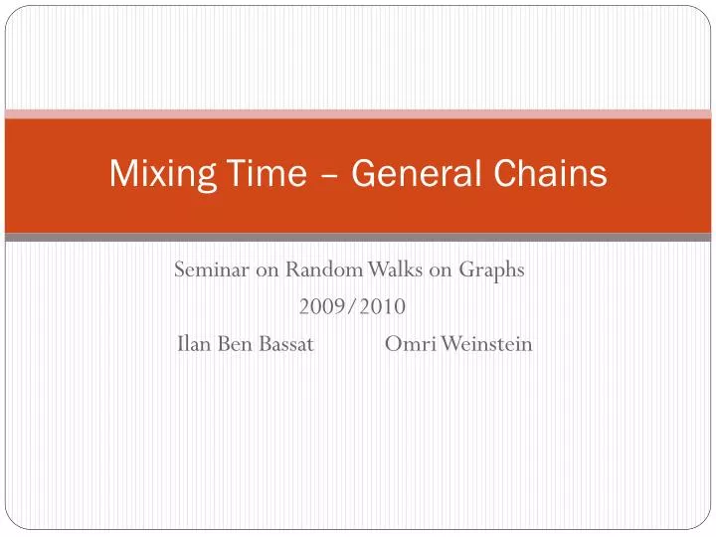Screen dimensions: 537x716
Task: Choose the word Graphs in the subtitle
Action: (490, 270)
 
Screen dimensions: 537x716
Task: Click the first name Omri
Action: (405, 344)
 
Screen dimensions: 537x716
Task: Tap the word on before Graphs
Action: (442, 269)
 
